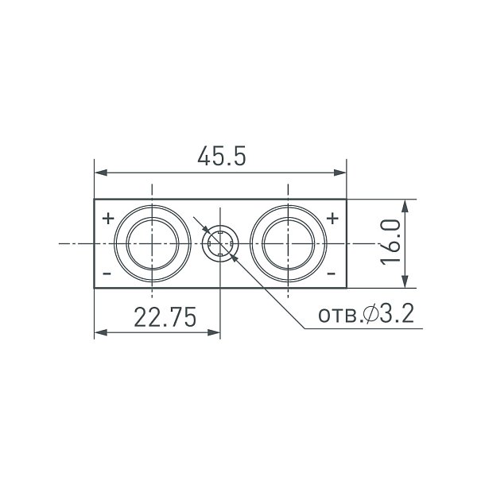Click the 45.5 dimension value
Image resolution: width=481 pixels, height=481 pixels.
pyautogui.click(x=222, y=156)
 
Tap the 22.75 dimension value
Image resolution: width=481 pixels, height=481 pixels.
pyautogui.click(x=165, y=317)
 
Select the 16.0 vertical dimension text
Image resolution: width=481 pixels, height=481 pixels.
pyautogui.click(x=390, y=242)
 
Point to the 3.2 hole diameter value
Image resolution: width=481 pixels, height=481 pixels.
pyautogui.click(x=398, y=313)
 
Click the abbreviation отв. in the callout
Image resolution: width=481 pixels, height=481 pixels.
pyautogui.click(x=340, y=316)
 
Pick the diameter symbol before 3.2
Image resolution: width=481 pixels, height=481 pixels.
pyautogui.click(x=370, y=314)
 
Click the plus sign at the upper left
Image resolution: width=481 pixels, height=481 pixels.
pyautogui.click(x=108, y=219)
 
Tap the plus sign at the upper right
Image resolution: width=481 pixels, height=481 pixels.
pyautogui.click(x=332, y=219)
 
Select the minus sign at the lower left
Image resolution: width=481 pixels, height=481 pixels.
pyautogui.click(x=107, y=273)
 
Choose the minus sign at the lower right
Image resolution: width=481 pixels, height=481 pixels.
pyautogui.click(x=332, y=273)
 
